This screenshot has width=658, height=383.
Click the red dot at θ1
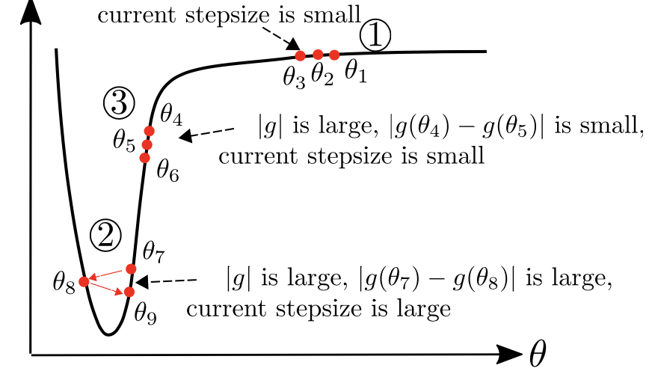pyautogui.click(x=334, y=55)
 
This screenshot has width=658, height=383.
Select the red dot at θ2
pyautogui.click(x=318, y=54)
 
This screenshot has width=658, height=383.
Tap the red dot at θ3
pyautogui.click(x=301, y=55)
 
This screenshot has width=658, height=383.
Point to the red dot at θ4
pyautogui.click(x=150, y=131)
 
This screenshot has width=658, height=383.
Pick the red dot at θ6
pyautogui.click(x=145, y=158)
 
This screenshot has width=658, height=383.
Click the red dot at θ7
pyautogui.click(x=132, y=269)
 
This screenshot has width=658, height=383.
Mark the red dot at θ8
pyautogui.click(x=84, y=281)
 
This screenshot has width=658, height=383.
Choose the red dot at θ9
pyautogui.click(x=129, y=292)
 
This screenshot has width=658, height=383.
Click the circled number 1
pyautogui.click(x=375, y=36)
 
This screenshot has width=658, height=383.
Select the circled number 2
pyautogui.click(x=105, y=236)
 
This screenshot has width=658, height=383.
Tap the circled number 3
pyautogui.click(x=119, y=103)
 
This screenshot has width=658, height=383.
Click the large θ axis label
pyautogui.click(x=538, y=354)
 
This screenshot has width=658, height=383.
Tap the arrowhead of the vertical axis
pyautogui.click(x=31, y=13)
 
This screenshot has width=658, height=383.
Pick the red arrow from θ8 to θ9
pyautogui.click(x=107, y=288)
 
